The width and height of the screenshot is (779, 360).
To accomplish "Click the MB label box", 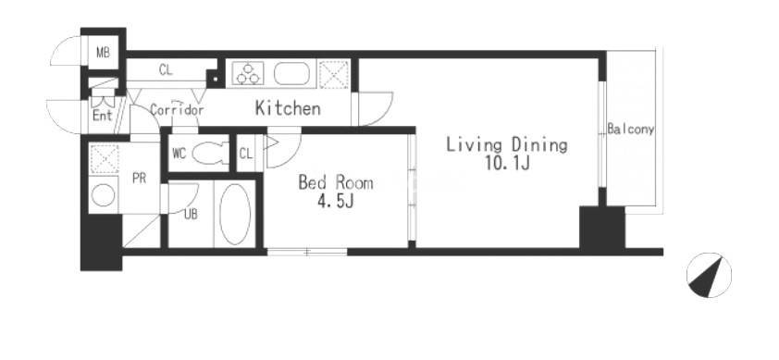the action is tap(104, 52).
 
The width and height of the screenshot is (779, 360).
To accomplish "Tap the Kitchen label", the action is tap(288, 108).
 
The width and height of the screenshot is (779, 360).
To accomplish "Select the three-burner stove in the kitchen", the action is tap(248, 74).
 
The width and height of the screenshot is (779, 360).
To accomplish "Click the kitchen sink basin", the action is tap(291, 74).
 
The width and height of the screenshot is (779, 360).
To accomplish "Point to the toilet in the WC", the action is tap(210, 154).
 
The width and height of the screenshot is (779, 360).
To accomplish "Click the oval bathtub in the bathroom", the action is tap(235, 214).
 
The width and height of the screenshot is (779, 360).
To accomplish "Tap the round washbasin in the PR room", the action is tap(104, 195).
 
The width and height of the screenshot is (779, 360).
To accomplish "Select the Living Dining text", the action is tap(506, 145).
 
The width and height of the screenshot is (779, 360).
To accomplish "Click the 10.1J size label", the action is tap(507, 164).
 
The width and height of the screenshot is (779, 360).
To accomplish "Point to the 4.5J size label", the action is tap(336, 202).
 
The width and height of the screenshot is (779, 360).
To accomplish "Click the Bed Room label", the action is tap(335, 182).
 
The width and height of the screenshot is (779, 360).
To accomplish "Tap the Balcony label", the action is tap(630, 130).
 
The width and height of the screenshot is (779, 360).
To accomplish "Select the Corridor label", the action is tap(177, 109).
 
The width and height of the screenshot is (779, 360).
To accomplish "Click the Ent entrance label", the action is tap(103, 116).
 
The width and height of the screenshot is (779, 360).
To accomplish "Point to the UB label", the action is tap(191, 214).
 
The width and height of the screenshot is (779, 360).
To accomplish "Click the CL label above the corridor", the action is tap(166, 70).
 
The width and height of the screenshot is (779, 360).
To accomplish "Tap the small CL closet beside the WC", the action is tap(246, 153).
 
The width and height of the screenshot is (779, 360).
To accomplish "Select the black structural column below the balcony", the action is tap(602, 227).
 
